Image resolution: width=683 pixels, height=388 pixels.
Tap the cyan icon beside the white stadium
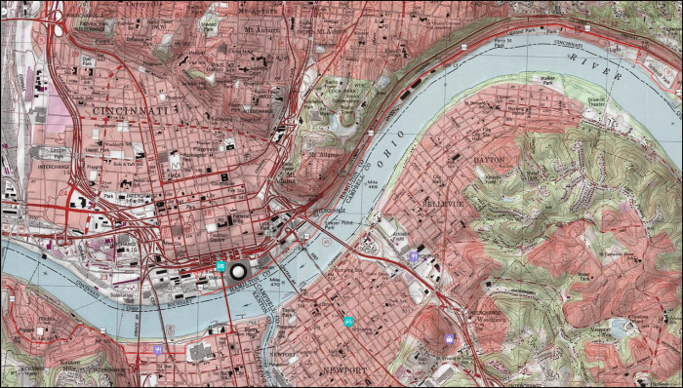(222, 265)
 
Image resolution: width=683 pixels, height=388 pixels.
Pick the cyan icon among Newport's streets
(347, 321)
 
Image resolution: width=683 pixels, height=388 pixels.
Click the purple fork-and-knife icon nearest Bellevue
(415, 256)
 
